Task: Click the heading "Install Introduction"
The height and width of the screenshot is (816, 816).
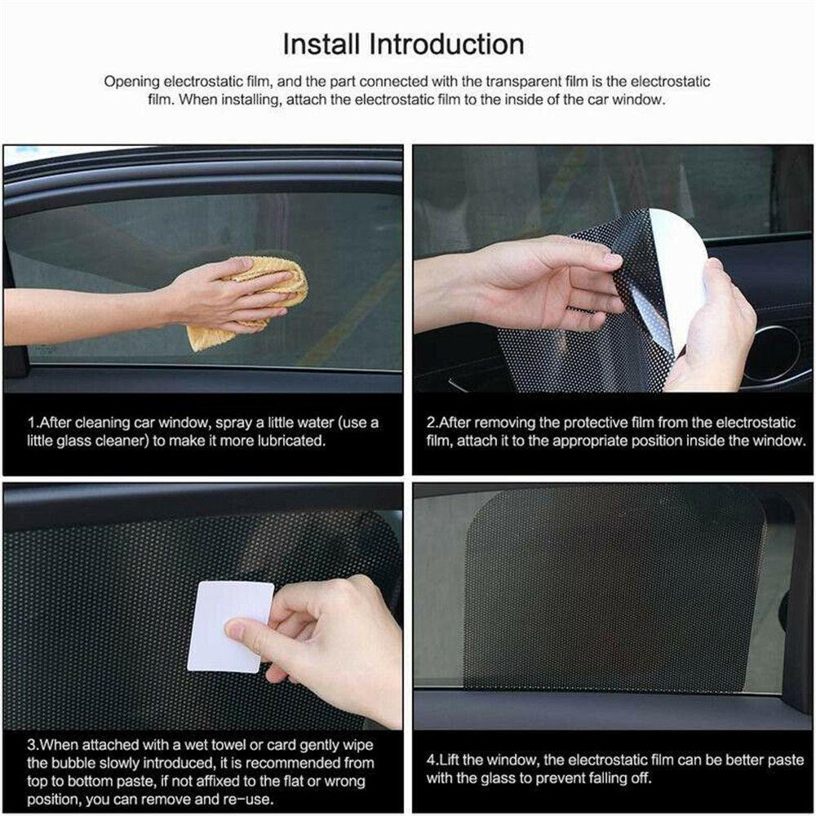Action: coord(403,43)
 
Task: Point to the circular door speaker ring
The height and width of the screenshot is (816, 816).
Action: coord(770,353)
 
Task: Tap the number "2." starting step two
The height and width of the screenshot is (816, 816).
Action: coord(433,423)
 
